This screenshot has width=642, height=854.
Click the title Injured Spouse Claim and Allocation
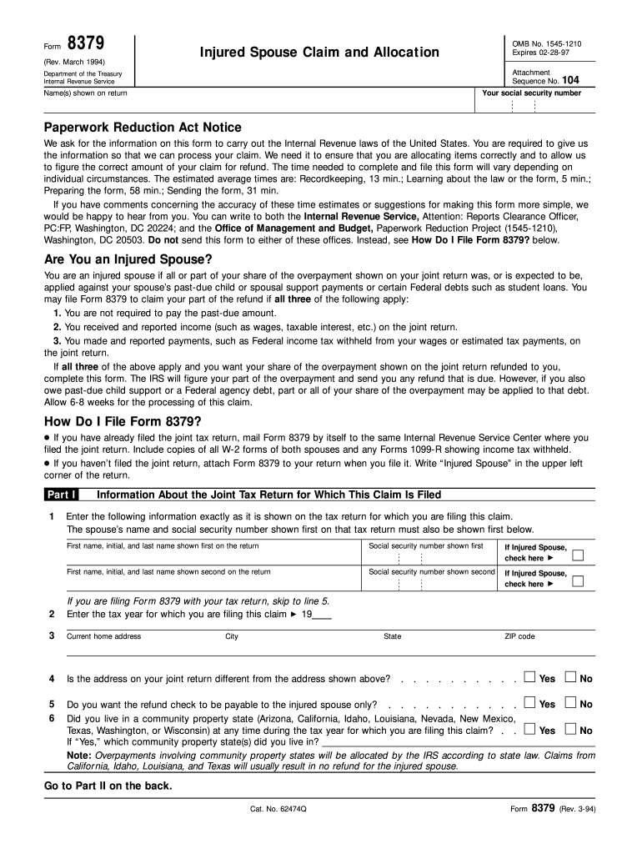[x=318, y=53]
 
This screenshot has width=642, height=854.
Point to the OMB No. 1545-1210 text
[x=546, y=43]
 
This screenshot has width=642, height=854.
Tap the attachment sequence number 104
[x=569, y=81]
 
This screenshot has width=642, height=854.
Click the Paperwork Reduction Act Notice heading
[x=143, y=128]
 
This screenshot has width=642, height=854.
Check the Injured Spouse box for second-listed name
[x=578, y=581]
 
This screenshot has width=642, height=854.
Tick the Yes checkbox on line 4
[x=529, y=677]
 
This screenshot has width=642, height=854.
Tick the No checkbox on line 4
[x=571, y=677]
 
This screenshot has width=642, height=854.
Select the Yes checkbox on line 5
[x=529, y=703]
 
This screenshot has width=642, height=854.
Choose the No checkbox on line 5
[x=571, y=703]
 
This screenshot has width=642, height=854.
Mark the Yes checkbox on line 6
[x=529, y=729]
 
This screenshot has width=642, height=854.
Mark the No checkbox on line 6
[x=571, y=729]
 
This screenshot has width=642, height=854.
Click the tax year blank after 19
[x=321, y=615]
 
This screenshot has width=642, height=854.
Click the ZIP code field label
[x=519, y=636]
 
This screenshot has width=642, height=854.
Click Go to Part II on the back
[x=108, y=786]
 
